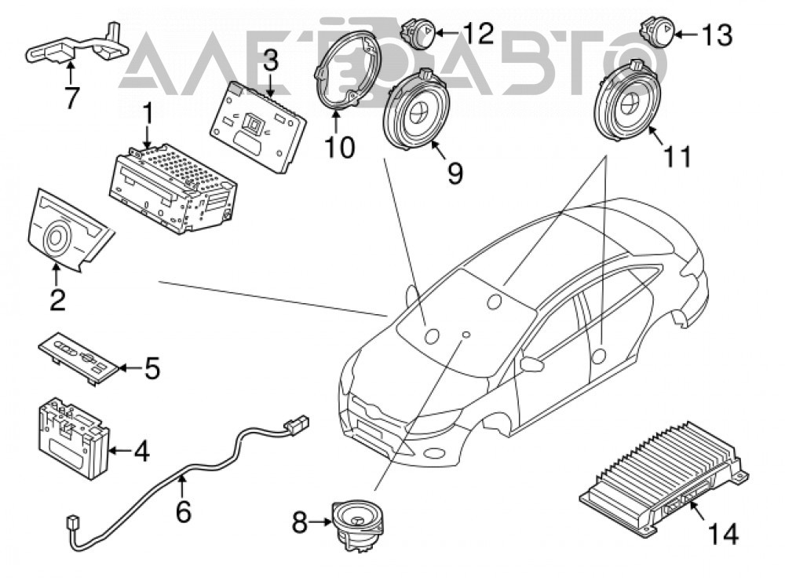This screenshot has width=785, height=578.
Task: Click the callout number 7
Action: coord(71,97)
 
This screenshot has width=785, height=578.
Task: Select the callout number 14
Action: coord(723,534)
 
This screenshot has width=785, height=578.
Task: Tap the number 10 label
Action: coord(339,148)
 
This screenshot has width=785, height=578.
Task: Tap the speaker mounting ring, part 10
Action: coord(348,69)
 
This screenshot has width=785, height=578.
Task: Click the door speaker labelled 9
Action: coord(416,110)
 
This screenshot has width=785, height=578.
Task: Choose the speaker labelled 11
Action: coord(627,101)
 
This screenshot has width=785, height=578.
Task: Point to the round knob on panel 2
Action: coord(55,237)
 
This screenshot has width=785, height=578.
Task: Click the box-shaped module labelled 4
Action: coord(74,437)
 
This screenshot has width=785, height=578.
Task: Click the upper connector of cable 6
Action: coord(296,424)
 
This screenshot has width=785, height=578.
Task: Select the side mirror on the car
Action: coord(531,363)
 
